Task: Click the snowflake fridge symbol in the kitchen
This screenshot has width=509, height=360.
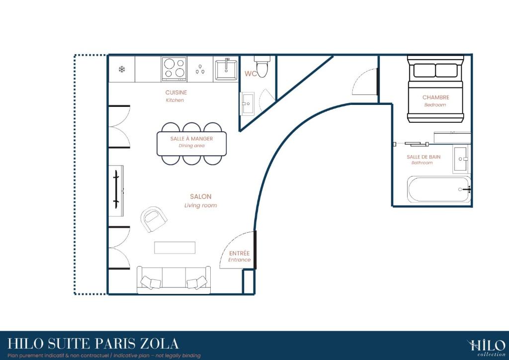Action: pos(122,69)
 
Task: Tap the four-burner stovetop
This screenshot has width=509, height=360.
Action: pos(174,69)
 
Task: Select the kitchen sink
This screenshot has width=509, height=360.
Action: pos(226,69)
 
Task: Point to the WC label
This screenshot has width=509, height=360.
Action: pos(251,74)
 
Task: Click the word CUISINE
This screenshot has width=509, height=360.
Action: pos(176,92)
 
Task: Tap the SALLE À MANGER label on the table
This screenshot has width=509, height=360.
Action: pos(191,139)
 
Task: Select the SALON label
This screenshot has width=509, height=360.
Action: pos(201,196)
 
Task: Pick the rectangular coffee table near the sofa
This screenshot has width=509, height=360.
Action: pos(174,248)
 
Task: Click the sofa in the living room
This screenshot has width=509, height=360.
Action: pos(173,280)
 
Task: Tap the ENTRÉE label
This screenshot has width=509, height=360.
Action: pos(239,253)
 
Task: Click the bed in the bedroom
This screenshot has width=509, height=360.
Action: pos(435,89)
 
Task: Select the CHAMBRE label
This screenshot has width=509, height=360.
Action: pos(435,97)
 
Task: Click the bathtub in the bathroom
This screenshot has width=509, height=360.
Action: pos(439,189)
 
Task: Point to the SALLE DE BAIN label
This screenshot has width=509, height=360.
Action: pos(424,157)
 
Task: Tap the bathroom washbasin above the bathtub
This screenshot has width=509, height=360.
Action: pos(461,159)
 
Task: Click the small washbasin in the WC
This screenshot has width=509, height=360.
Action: pos(247,103)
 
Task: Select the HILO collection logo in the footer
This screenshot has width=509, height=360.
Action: pos(487,348)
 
